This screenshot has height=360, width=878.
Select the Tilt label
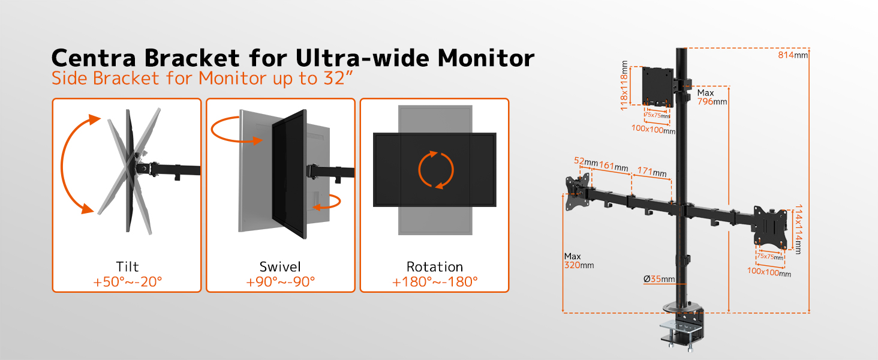click(x=127, y=266)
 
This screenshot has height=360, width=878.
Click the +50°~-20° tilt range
click(x=127, y=282)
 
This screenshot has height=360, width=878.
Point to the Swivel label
click(x=280, y=266)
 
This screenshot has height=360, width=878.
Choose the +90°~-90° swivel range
click(x=280, y=282)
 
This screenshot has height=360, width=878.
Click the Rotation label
click(x=434, y=266)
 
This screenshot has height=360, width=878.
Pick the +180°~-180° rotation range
click(x=435, y=282)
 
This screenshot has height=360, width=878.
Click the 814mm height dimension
click(x=793, y=55)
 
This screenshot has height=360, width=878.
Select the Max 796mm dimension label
click(x=712, y=97)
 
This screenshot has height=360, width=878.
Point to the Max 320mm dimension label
click(x=579, y=261)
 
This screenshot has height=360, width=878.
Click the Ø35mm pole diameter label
click(x=659, y=279)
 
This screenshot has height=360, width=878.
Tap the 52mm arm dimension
click(x=585, y=161)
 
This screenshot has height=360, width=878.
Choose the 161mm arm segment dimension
click(x=614, y=166)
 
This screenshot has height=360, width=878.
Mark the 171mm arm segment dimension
click(x=652, y=172)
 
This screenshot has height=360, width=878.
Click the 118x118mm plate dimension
click(x=624, y=85)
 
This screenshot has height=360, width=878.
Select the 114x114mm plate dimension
click(x=798, y=229)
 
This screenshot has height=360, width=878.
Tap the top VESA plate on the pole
click(x=658, y=86)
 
